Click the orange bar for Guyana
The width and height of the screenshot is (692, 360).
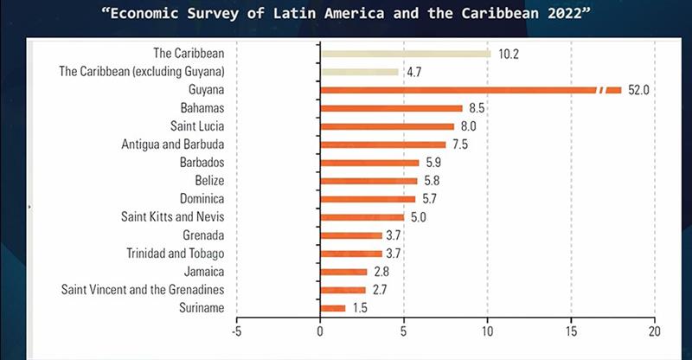458,90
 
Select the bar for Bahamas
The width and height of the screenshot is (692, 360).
391,108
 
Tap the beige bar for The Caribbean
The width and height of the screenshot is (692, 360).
406,54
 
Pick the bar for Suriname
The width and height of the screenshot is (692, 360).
333,307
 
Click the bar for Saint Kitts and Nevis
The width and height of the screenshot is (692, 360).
362,216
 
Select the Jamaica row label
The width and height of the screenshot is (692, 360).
205,271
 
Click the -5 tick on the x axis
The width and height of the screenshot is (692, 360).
236,330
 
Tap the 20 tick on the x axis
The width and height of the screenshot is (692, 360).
654,330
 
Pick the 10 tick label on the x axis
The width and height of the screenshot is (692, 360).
487,330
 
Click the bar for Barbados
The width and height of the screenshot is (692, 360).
369,163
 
